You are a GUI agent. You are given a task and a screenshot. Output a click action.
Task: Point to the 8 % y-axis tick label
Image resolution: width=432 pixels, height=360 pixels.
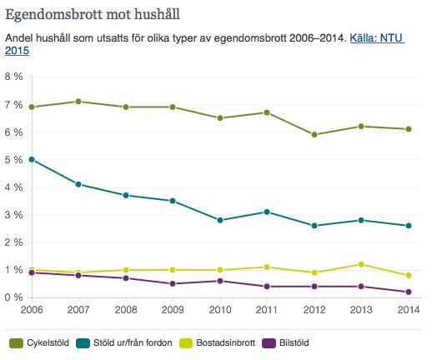(x=14, y=77)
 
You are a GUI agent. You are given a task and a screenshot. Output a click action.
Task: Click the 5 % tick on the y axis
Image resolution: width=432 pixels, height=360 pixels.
(x=14, y=159)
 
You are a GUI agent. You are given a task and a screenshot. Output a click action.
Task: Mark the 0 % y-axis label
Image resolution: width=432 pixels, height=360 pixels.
(x=14, y=297)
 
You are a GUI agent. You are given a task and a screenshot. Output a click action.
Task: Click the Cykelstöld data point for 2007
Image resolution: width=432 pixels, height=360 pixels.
(x=78, y=102)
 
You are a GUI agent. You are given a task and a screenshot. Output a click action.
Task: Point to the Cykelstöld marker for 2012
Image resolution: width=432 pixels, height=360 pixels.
(x=314, y=135)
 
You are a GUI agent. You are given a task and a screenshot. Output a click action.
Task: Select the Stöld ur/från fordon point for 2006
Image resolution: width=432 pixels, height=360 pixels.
(x=32, y=159)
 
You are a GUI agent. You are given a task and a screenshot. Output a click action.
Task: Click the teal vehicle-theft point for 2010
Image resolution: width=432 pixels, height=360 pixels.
(x=220, y=220)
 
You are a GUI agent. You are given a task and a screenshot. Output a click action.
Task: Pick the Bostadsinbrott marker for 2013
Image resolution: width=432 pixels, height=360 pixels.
(x=362, y=264)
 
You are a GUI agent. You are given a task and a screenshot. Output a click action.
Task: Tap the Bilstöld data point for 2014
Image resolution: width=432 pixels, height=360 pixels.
(x=409, y=292)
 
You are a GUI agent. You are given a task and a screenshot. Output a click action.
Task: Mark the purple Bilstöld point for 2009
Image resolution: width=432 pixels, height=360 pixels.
(x=173, y=283)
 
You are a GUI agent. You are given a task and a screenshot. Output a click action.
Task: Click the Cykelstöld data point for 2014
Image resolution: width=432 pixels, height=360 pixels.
(x=409, y=129)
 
